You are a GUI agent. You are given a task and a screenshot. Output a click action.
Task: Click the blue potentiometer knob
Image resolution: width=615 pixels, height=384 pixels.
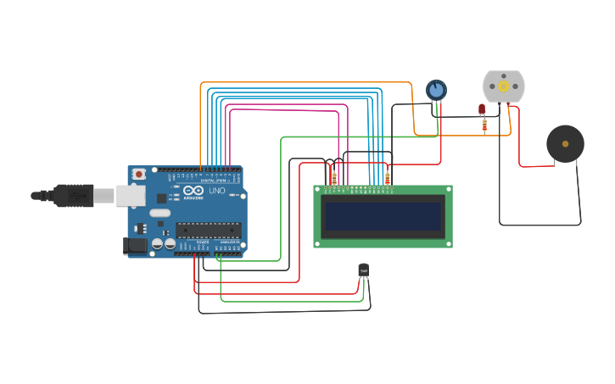(x=436, y=89)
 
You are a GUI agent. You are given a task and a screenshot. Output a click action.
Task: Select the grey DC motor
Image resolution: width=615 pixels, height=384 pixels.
(x=504, y=86)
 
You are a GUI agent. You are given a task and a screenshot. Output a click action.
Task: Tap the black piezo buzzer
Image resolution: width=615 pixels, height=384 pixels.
(x=565, y=143)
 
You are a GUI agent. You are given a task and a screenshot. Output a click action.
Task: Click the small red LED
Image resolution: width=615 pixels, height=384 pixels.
(x=482, y=109)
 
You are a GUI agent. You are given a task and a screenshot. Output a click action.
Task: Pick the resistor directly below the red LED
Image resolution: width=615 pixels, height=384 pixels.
(x=484, y=125)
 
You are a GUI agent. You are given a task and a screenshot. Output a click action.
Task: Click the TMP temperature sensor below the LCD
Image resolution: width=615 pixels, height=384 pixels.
(x=364, y=270)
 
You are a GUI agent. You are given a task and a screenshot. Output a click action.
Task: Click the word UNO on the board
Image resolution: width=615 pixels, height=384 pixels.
(x=217, y=191)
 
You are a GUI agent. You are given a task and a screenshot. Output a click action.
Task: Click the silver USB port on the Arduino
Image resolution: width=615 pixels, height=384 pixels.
(x=131, y=195)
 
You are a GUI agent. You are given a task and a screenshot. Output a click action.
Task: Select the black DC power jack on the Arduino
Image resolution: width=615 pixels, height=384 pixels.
(x=134, y=246)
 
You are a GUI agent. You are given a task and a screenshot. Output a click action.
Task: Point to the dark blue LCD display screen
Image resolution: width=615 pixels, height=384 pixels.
(x=383, y=216)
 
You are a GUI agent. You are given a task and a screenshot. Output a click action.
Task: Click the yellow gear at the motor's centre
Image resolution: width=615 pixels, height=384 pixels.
(x=504, y=86)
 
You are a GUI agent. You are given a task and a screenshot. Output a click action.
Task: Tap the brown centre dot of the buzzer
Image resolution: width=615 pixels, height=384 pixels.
(x=565, y=144)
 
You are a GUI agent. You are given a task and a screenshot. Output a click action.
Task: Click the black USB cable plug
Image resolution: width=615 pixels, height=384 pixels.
(x=73, y=195)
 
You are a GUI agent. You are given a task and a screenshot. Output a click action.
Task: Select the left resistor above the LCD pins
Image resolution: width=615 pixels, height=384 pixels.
(x=334, y=178)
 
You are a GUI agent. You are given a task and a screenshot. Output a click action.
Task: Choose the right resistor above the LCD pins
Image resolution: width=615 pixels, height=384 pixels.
(x=388, y=178)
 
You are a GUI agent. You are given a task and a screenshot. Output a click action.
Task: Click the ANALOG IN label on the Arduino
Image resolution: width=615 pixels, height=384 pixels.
(x=230, y=242)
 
